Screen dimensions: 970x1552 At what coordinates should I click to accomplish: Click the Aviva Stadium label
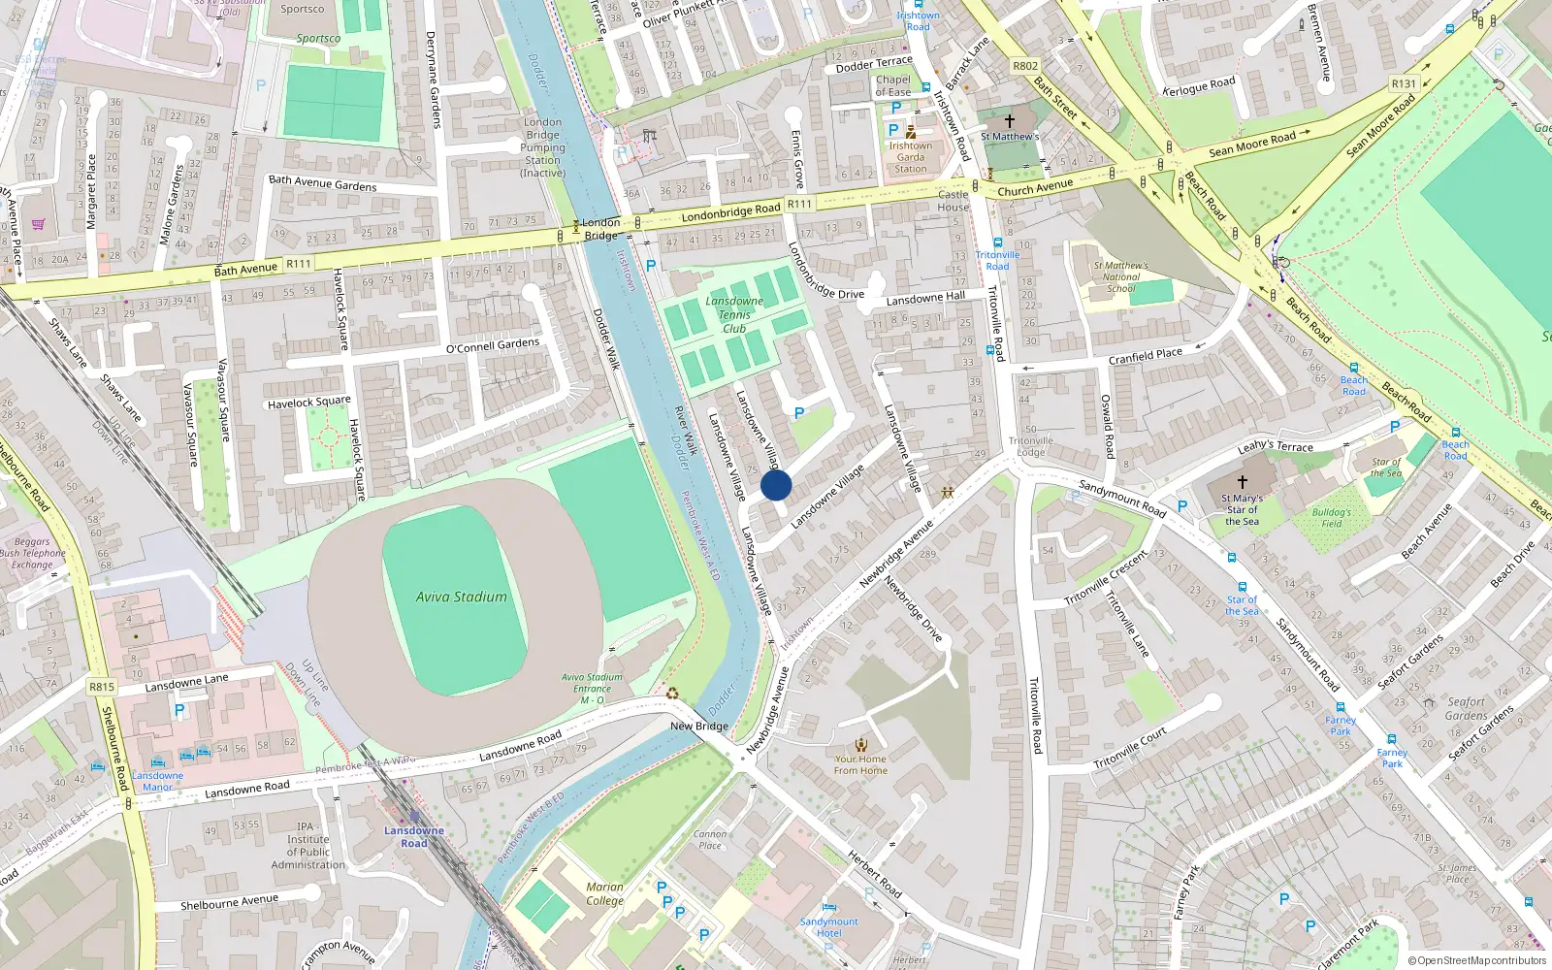[x=461, y=597]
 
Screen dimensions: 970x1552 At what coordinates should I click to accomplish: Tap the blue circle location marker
[x=776, y=485]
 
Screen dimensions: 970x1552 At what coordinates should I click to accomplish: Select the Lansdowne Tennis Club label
[x=734, y=314]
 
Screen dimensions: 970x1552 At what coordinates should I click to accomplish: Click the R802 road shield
[x=1024, y=66]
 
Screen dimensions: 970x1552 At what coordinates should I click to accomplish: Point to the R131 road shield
[x=1404, y=83]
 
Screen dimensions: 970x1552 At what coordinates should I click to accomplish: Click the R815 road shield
[x=101, y=687]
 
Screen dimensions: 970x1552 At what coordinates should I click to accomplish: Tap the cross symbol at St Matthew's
[x=1010, y=121]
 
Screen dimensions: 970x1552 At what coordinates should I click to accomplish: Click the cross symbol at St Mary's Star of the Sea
[x=1242, y=481]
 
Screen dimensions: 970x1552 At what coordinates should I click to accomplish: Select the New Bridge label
[x=698, y=726]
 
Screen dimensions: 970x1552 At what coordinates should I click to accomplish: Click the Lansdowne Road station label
[x=413, y=836]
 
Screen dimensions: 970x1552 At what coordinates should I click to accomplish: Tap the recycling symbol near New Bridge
[x=672, y=693]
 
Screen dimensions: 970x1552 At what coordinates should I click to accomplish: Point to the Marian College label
[x=604, y=893]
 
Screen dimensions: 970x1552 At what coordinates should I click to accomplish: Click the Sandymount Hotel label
[x=828, y=927]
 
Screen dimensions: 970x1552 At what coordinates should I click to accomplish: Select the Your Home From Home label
[x=860, y=764]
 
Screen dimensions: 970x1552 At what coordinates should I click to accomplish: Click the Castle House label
[x=953, y=201]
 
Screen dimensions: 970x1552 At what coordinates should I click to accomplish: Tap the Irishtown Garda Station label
[x=910, y=157]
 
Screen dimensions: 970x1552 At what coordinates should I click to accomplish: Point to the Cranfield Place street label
[x=1145, y=356]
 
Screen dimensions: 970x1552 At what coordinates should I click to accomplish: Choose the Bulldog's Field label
[x=1331, y=517]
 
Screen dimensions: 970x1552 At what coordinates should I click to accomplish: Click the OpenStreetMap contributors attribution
[x=1477, y=960]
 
